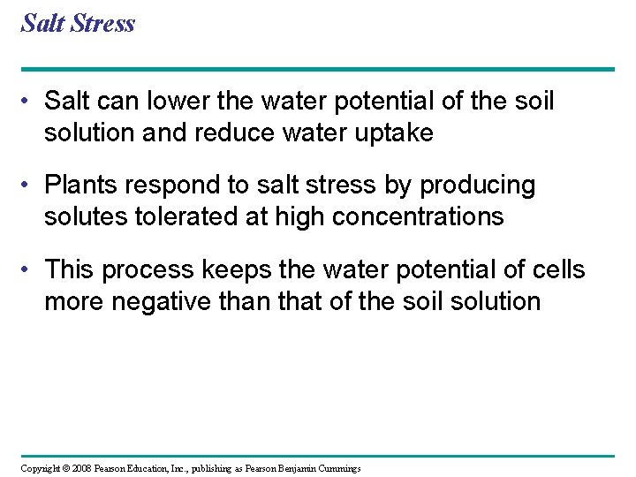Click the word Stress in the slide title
click(x=104, y=23)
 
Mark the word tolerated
click(x=193, y=216)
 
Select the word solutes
click(x=82, y=216)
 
